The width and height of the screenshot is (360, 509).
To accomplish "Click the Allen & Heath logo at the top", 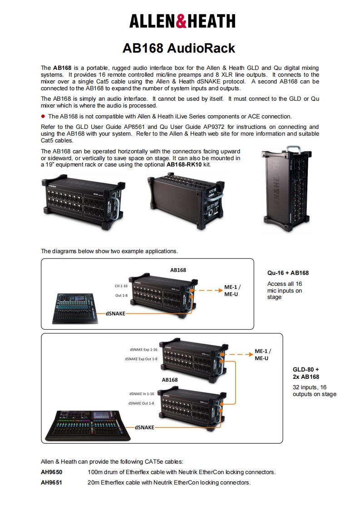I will pos(182,21).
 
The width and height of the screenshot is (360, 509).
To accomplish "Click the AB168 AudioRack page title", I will pos(179,48).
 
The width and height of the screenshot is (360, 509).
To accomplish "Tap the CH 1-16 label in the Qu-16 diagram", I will pos(121,286).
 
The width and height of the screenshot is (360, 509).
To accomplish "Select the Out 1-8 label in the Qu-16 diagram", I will pos(122,296).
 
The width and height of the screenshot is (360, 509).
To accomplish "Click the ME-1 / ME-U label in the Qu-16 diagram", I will pos(233,290).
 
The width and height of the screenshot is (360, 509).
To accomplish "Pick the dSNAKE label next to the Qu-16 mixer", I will pos(116,313).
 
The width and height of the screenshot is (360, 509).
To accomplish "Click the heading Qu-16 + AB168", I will pos(288,273).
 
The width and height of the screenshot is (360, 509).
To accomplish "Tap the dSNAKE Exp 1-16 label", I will pos(143,350).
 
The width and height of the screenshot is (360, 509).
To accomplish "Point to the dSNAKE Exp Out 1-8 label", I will pos(141,359).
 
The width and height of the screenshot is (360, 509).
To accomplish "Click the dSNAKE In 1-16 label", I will pos(142,394).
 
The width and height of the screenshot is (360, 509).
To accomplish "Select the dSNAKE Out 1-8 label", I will pos(141,403).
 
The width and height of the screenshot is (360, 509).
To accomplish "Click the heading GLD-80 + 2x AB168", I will pos(306,373).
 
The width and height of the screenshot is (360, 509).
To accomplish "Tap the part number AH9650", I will pos(51,472).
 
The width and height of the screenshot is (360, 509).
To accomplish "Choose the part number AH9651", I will pos(51,482).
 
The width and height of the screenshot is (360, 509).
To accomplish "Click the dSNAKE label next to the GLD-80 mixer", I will pos(144,427).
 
